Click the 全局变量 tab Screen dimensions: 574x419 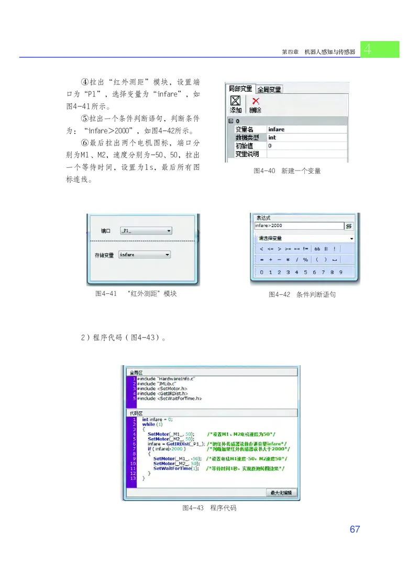(269, 89)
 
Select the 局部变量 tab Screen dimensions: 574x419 (241, 89)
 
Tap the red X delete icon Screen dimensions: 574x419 (255, 101)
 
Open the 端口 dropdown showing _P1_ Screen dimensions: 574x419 (146, 230)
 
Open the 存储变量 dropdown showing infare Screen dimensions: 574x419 (145, 254)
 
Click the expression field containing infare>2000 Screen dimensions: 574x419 (299, 226)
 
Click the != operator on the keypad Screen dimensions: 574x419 (306, 249)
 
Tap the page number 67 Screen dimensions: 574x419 (355, 529)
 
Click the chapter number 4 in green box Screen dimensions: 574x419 (369, 49)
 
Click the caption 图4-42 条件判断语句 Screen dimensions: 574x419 (302, 295)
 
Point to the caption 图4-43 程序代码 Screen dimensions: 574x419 (209, 508)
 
